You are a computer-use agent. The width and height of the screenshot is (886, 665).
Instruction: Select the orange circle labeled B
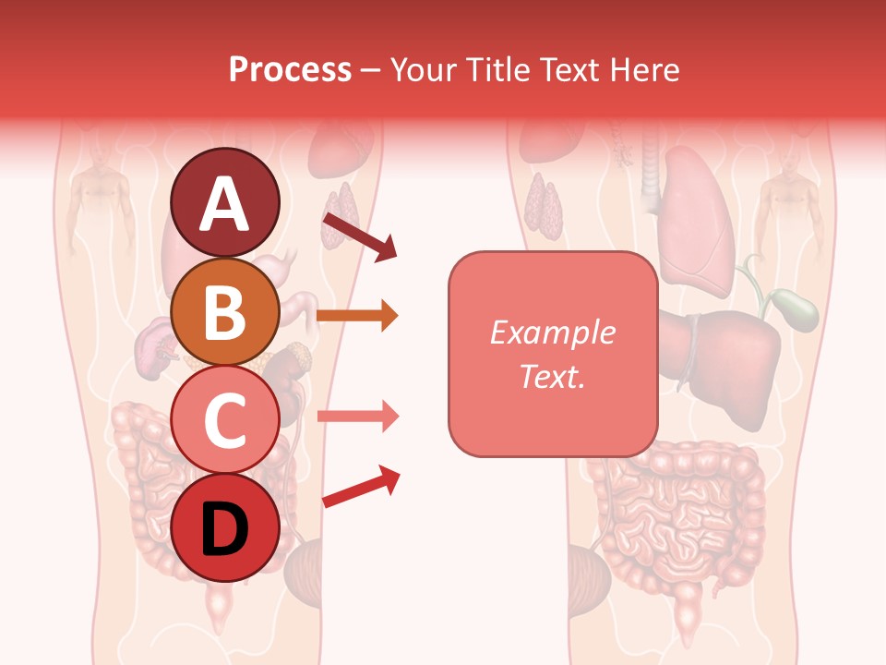click(x=225, y=311)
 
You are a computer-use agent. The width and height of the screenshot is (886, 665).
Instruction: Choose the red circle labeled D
click(x=225, y=527)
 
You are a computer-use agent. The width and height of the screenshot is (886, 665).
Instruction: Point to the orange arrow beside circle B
click(x=357, y=316)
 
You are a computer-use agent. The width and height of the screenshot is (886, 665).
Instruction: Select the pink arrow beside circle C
click(x=358, y=417)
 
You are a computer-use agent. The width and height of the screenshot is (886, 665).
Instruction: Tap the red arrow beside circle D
click(x=361, y=487)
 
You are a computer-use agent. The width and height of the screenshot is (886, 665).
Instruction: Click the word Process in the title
click(x=290, y=69)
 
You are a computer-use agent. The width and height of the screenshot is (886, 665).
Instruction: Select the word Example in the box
click(x=552, y=332)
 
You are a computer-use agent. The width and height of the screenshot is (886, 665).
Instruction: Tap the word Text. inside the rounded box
click(x=552, y=377)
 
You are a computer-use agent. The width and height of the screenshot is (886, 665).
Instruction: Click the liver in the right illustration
click(x=729, y=356)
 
